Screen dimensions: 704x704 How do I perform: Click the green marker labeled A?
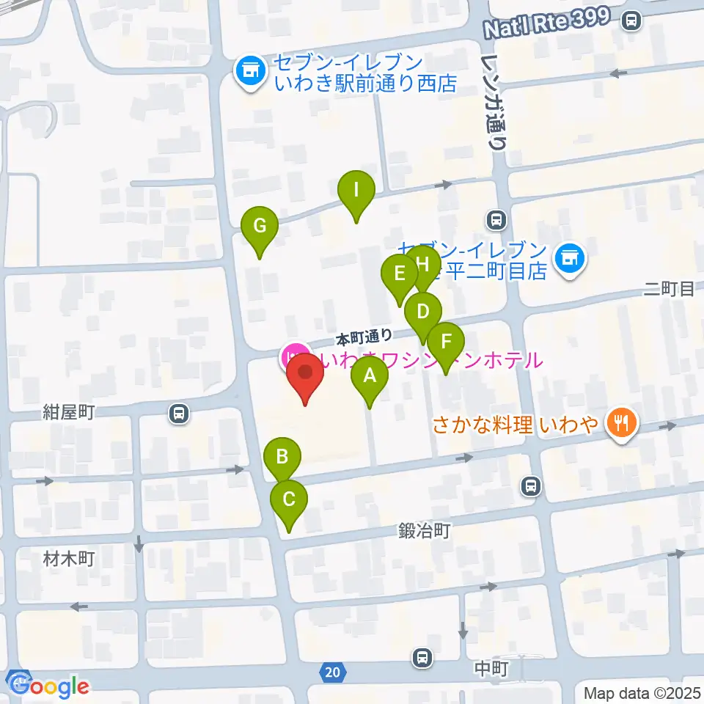(370, 379)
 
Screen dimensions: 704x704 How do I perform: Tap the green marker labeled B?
(282, 458)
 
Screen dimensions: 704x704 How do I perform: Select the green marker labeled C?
(288, 502)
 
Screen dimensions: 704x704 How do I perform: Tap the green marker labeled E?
(400, 276)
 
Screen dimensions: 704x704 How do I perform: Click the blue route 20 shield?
(331, 672)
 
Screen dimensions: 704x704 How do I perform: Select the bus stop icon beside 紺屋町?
(177, 414)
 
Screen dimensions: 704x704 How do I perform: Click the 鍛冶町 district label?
(425, 530)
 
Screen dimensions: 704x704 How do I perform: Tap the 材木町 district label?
(69, 560)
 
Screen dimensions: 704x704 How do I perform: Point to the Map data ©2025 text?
(642, 693)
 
